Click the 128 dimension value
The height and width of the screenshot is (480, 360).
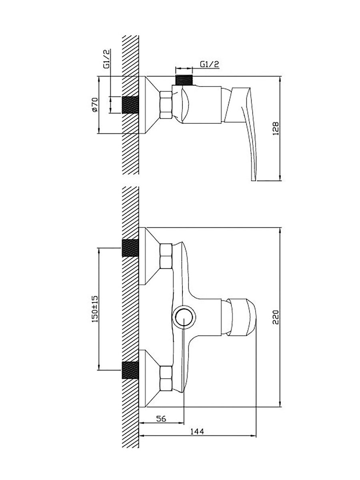pos(276,128)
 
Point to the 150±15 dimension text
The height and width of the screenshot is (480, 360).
pos(95,309)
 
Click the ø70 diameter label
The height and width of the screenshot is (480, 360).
pos(96,105)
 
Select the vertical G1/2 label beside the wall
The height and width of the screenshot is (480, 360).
pos(107,59)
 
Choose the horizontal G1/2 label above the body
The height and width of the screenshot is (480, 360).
pos(209,64)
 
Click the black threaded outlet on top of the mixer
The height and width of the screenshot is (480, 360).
pos(184,80)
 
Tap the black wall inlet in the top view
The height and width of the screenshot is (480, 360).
pos(130,105)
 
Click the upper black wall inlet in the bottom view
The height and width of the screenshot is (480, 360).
pos(130,248)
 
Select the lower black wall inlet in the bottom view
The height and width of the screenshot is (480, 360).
pos(130,370)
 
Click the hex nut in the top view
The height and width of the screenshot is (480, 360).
pos(166,105)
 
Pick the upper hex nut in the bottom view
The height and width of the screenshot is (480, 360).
pos(166,256)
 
